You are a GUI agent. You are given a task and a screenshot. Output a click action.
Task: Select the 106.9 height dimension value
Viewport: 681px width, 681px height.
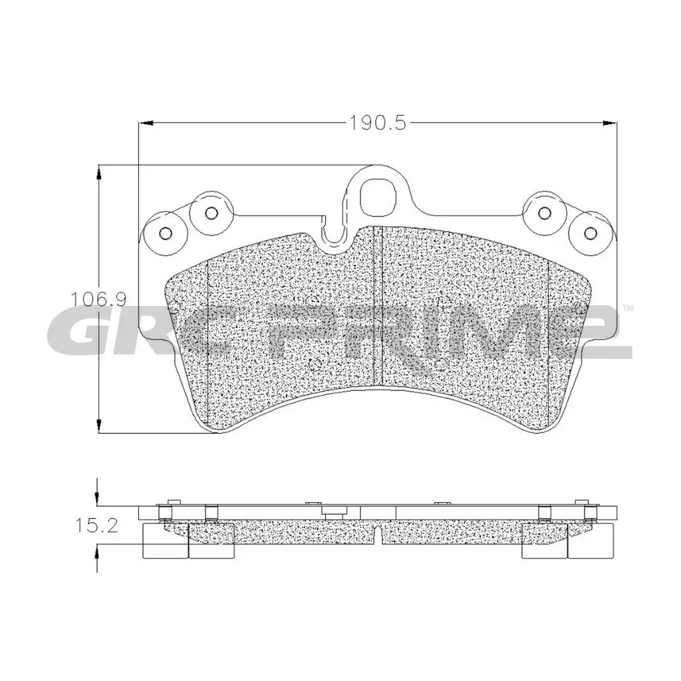pyautogui.click(x=94, y=299)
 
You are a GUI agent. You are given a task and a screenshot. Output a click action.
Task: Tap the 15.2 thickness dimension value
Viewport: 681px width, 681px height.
pyautogui.click(x=96, y=527)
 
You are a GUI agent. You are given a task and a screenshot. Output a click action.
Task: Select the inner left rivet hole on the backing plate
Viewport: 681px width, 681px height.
pyautogui.click(x=211, y=213)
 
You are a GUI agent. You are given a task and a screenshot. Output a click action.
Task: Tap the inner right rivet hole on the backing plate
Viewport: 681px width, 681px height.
pyautogui.click(x=545, y=213)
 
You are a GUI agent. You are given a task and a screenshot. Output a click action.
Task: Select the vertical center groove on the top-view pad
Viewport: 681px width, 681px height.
pyautogui.click(x=378, y=306)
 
